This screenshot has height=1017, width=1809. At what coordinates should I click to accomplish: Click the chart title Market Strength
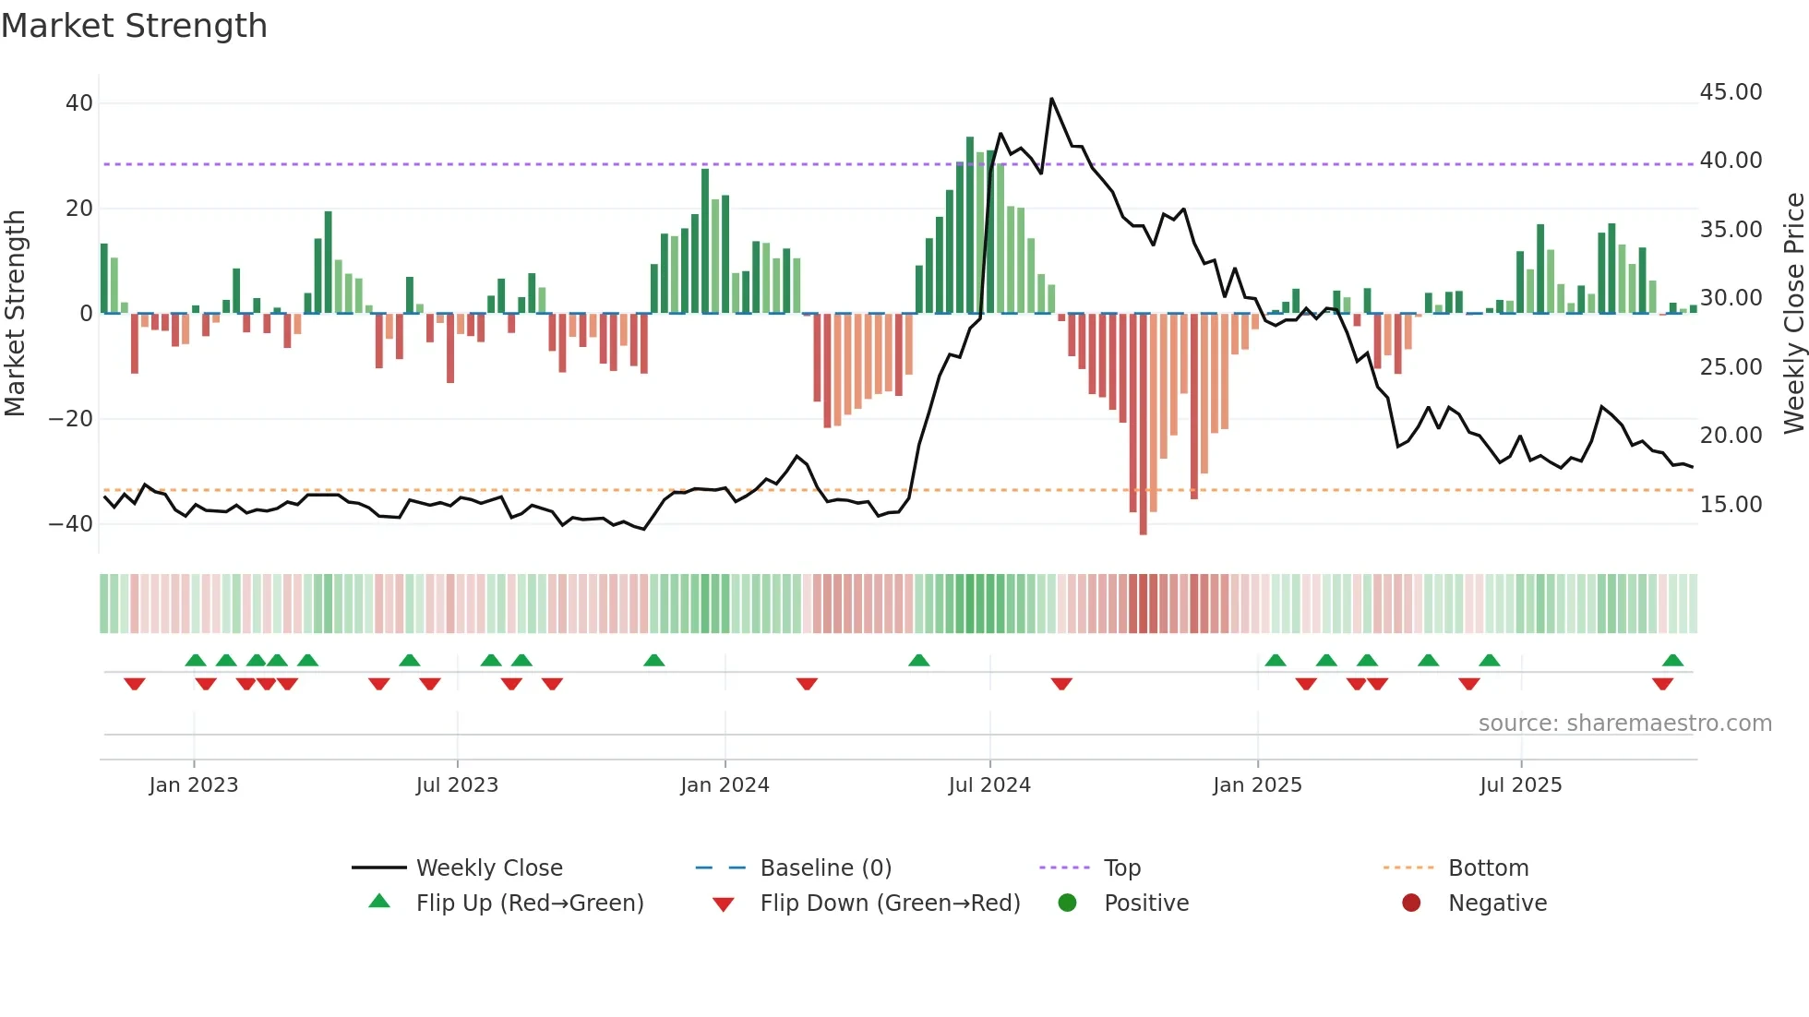point(134,26)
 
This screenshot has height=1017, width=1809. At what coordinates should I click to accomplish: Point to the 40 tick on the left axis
point(79,103)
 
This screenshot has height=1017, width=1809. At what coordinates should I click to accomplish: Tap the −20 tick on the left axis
point(71,419)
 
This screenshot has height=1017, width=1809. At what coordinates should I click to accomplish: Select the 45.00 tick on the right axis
point(1731,92)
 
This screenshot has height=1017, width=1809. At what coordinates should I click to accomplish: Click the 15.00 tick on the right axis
point(1731,505)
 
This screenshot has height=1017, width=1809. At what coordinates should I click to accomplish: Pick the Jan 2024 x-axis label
point(725,785)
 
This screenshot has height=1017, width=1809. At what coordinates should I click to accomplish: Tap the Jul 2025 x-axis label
point(1520,785)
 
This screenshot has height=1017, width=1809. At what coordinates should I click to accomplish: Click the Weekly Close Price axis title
point(1793,314)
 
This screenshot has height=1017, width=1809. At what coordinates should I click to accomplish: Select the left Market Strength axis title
point(15,314)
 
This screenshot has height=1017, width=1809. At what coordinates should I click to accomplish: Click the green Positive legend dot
point(1068,903)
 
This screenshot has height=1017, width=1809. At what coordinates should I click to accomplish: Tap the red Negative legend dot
point(1411,903)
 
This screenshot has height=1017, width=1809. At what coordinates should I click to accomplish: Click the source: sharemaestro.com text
point(1624,724)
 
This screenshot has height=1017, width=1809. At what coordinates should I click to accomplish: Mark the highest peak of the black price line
point(1051,99)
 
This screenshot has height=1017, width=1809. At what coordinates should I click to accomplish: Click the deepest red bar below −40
point(1143,531)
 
